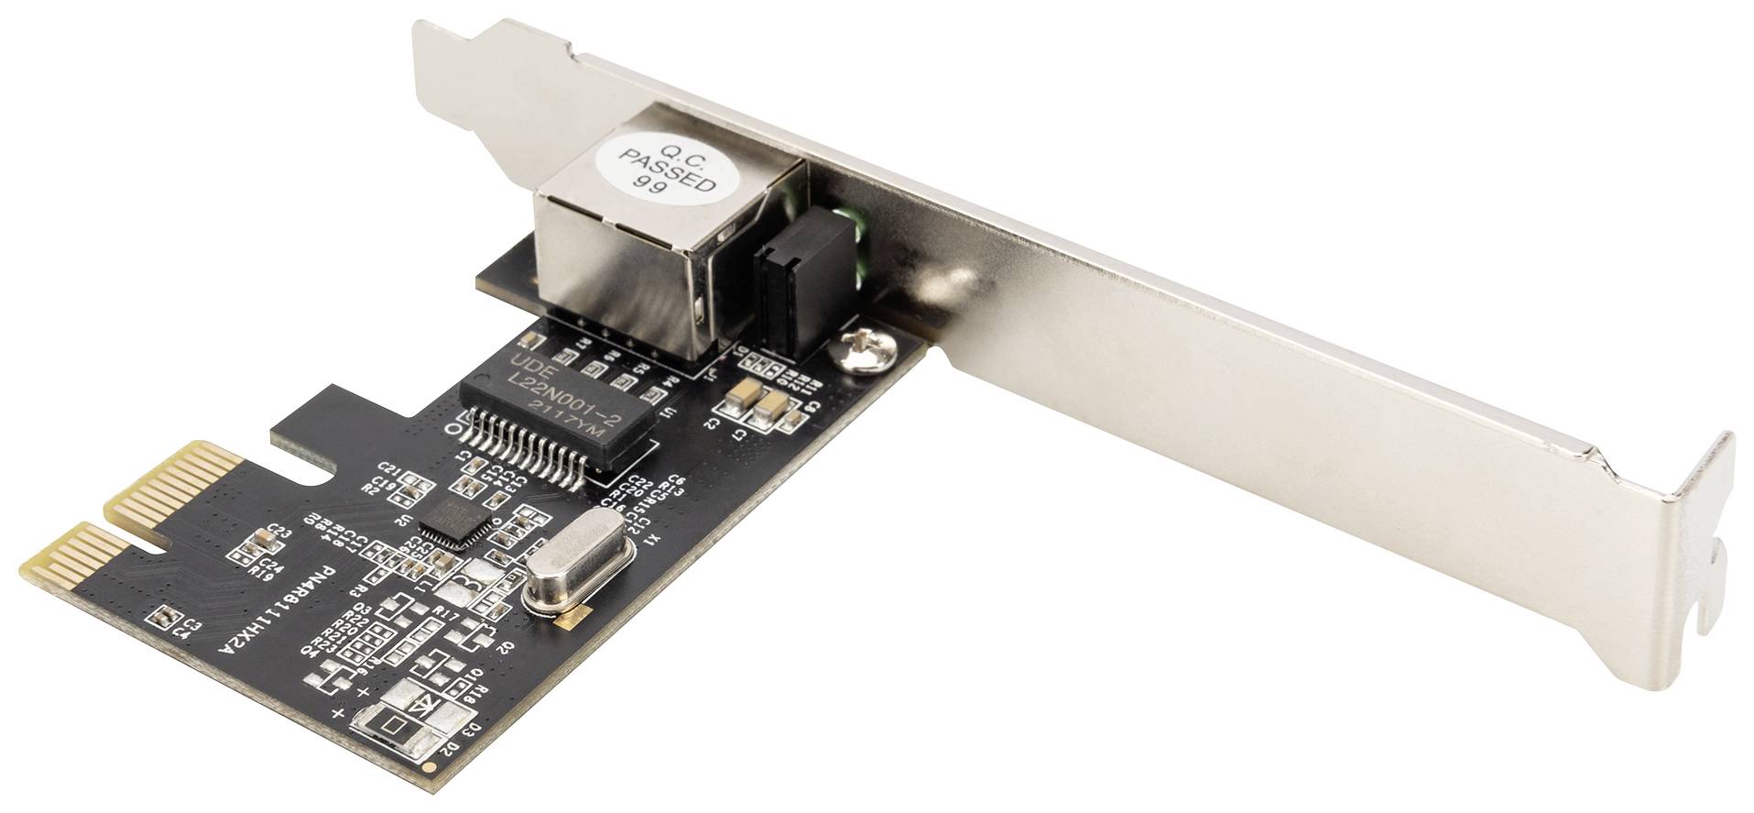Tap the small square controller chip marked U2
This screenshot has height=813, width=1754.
click(x=454, y=526)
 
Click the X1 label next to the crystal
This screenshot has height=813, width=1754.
click(x=649, y=538)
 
